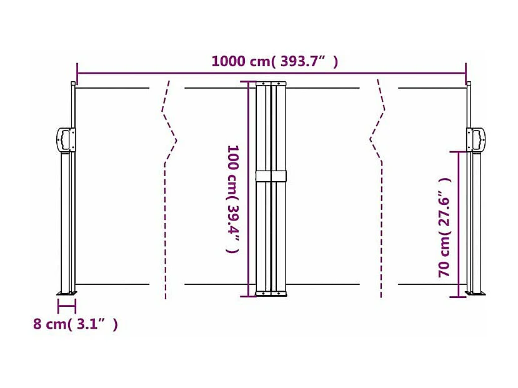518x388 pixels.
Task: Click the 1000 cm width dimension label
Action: pyautogui.click(x=274, y=61)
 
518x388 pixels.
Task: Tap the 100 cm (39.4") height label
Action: pyautogui.click(x=232, y=198)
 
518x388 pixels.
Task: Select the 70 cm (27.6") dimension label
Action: pyautogui.click(x=444, y=227)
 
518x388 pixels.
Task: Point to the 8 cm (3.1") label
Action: pyautogui.click(x=75, y=324)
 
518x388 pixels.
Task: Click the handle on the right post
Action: pyautogui.click(x=477, y=139)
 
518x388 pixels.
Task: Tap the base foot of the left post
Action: pyautogui.click(x=66, y=293)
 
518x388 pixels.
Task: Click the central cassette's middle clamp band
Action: pyautogui.click(x=271, y=176)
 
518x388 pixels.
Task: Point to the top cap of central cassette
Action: pyautogui.click(x=271, y=83)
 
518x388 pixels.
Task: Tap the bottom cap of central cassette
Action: pyautogui.click(x=271, y=293)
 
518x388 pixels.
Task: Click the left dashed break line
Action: pyautogui.click(x=167, y=187)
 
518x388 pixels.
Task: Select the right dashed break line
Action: pyautogui.click(x=378, y=187)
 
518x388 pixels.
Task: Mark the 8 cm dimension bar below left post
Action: pyautogui.click(x=66, y=306)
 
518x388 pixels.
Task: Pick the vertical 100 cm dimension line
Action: pyautogui.click(x=249, y=187)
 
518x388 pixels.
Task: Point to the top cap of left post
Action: pyautogui.click(x=73, y=84)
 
